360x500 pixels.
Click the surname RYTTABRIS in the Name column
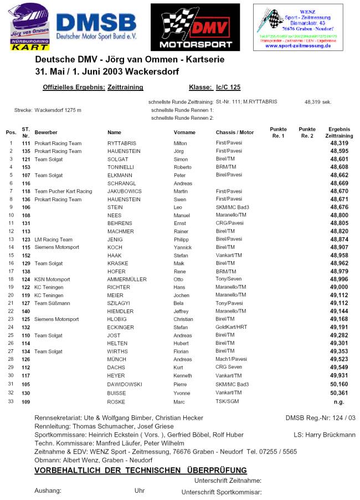[x=122, y=143]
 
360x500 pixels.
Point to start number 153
[x=25, y=167]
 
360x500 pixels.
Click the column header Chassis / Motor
[x=235, y=132]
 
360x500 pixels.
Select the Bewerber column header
[x=46, y=132]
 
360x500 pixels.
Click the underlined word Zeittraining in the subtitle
[x=125, y=87]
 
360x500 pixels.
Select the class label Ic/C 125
[x=228, y=87]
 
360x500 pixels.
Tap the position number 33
[x=10, y=402]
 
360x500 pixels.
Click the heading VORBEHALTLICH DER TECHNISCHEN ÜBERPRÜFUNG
[x=132, y=470]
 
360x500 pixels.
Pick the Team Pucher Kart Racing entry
[x=63, y=191]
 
